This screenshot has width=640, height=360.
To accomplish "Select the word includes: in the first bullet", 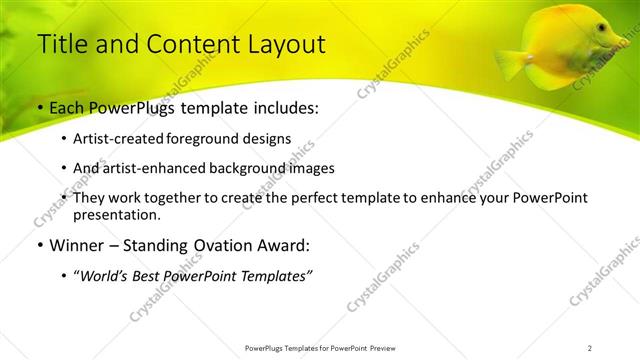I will pyautogui.click(x=282, y=108).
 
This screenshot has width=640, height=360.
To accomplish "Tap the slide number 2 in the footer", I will pyautogui.click(x=589, y=348).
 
